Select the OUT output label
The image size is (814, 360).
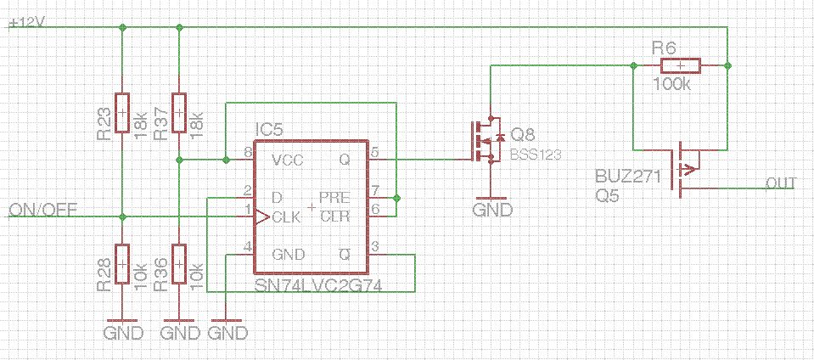tap(779, 183)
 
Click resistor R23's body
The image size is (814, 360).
tap(122, 112)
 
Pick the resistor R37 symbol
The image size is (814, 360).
tap(179, 112)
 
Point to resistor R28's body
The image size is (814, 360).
tap(122, 263)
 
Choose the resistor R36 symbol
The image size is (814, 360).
tap(179, 263)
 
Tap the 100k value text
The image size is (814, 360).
tap(672, 84)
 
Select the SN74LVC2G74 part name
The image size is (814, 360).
tap(318, 287)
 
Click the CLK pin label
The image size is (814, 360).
tap(286, 217)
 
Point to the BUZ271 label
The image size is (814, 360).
tap(624, 177)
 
